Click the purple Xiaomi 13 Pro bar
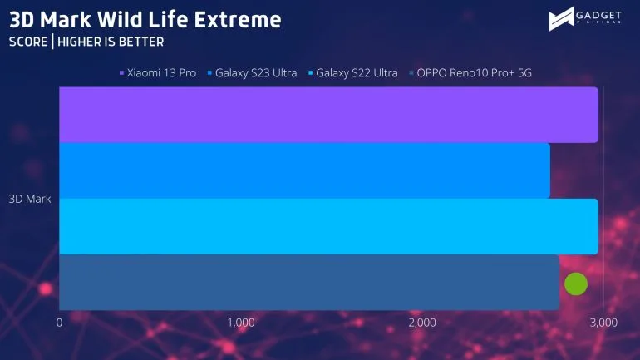328,115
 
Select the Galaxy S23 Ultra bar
304,170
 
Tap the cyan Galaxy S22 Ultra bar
328,226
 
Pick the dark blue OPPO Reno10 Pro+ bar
309,283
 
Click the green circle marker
576,284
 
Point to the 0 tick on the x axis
60,323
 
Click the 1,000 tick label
241,323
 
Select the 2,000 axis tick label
422,323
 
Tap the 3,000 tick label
603,323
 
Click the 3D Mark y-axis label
30,199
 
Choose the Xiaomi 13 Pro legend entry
158,73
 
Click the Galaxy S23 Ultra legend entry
252,73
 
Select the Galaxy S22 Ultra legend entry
353,73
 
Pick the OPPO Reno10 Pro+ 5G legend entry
470,73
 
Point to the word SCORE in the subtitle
28,42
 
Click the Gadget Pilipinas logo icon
561,19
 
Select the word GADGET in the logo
598,16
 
